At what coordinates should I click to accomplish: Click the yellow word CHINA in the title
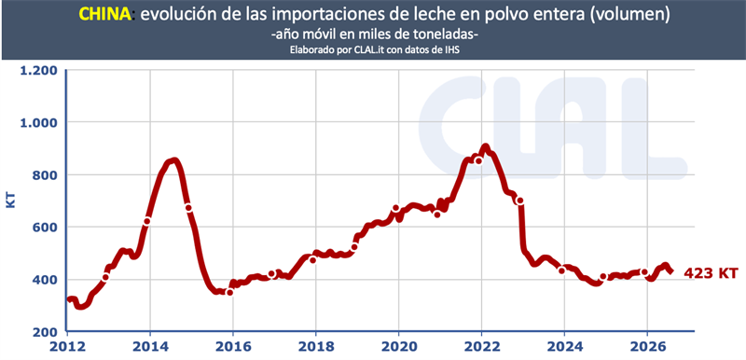(x=104, y=14)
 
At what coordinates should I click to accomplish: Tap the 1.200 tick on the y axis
(x=37, y=70)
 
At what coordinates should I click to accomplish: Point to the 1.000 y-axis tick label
(x=37, y=123)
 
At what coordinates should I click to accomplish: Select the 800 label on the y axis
(x=44, y=175)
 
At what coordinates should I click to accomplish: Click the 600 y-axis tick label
(x=44, y=228)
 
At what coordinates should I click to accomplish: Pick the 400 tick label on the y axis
(x=44, y=280)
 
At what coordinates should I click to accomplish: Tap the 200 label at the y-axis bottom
(x=44, y=331)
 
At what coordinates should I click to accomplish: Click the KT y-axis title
(x=10, y=200)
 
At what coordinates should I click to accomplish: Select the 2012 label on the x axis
(x=67, y=346)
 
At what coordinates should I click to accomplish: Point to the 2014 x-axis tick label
(x=150, y=346)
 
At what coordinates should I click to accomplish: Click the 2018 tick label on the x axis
(x=316, y=346)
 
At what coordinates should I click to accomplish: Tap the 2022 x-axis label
(x=481, y=346)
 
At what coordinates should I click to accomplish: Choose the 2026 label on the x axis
(x=647, y=346)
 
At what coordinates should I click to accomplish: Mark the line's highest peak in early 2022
(x=485, y=147)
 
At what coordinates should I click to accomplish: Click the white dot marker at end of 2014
(x=188, y=208)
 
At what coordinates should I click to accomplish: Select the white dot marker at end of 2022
(x=520, y=201)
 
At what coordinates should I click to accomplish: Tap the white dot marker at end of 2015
(x=229, y=292)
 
